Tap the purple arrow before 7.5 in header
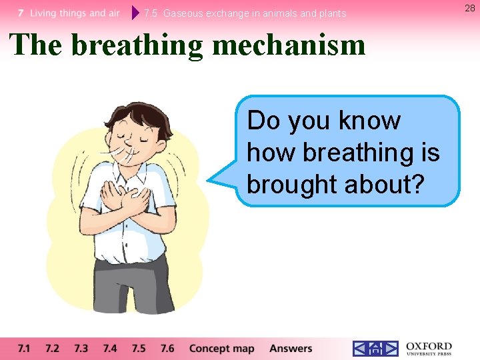(135, 13)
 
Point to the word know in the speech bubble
(370, 121)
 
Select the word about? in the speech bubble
(385, 184)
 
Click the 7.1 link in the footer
(24, 348)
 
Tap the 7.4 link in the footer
(110, 348)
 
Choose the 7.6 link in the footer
(167, 348)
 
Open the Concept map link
(221, 348)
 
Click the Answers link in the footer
(291, 348)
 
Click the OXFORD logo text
(429, 347)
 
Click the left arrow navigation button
(360, 348)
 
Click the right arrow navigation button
(391, 348)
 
